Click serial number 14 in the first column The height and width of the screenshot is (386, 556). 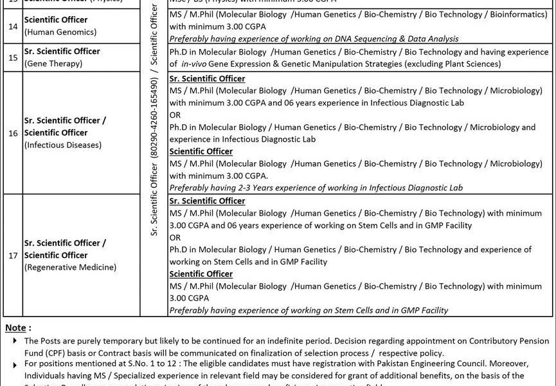click(13, 26)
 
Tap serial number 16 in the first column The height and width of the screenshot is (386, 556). click(13, 133)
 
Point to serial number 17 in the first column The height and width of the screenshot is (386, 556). click(13, 255)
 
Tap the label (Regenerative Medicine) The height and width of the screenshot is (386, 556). click(70, 267)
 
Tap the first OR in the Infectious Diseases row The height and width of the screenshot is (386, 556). click(175, 115)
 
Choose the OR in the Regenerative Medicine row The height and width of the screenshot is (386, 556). click(175, 237)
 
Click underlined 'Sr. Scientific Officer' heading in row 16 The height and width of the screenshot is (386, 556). click(207, 78)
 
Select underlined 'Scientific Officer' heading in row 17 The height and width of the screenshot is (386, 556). click(201, 274)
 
